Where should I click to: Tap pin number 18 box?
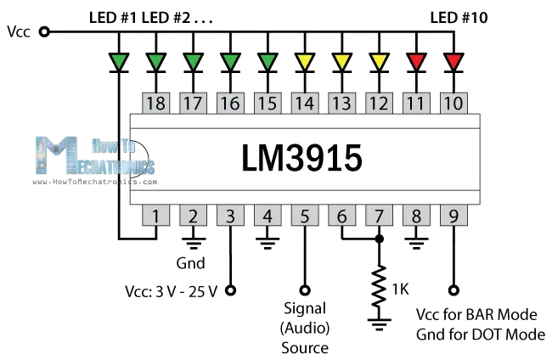click(156, 104)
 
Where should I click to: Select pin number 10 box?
click(453, 104)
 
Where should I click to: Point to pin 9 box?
click(453, 216)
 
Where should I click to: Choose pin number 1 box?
click(156, 216)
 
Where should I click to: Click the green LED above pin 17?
click(194, 61)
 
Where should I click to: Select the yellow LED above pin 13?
click(342, 61)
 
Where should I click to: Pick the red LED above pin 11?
click(416, 61)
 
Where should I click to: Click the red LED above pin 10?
click(453, 61)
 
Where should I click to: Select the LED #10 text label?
click(459, 17)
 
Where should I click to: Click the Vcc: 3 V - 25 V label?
click(171, 291)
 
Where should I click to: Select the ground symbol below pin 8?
click(416, 245)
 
